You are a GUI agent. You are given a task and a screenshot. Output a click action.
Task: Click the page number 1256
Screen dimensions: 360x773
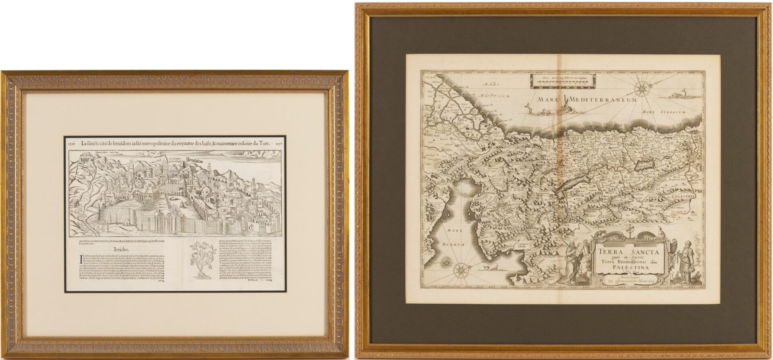[72, 143]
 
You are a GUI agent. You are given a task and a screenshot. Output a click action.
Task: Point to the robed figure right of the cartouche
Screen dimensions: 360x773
[683, 262]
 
